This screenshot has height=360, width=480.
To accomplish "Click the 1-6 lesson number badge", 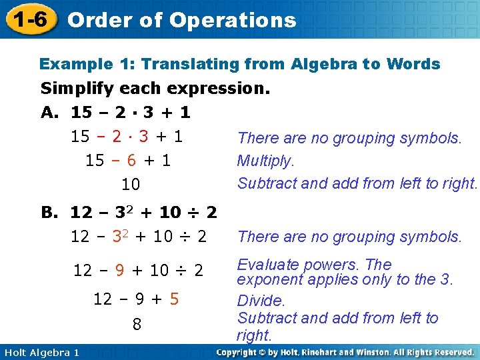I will (x=29, y=19).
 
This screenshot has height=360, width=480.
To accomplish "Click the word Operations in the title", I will (x=233, y=20).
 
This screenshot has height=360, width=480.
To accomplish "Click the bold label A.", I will (x=50, y=113).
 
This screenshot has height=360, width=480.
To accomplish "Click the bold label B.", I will (x=50, y=213).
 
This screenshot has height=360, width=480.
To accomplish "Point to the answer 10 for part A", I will (x=130, y=183).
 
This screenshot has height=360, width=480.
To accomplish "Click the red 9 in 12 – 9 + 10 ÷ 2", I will (x=119, y=270).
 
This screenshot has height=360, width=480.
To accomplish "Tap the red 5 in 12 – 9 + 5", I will (x=174, y=299).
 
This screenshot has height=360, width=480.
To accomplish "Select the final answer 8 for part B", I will (x=137, y=325).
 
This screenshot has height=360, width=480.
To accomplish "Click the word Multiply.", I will (x=265, y=161).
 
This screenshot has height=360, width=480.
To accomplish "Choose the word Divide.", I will (x=261, y=301).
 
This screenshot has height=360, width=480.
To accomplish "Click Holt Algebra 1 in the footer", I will (x=40, y=352).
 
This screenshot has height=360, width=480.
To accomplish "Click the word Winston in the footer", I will (x=381, y=352).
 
